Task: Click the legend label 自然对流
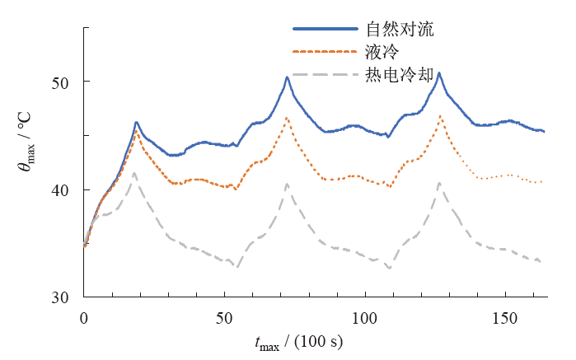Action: (x=400, y=30)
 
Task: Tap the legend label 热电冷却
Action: (x=400, y=75)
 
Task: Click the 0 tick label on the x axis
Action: (x=83, y=317)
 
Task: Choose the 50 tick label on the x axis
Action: (x=223, y=317)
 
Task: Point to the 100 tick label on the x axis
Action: (x=363, y=317)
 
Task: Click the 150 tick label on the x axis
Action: (x=503, y=317)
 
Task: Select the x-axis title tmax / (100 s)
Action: (x=298, y=341)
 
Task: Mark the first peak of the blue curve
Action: (x=137, y=122)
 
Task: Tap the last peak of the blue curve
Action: (x=439, y=73)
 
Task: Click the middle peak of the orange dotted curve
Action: (x=287, y=118)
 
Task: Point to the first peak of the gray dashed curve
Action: (x=134, y=173)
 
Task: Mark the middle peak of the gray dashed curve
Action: (x=287, y=184)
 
